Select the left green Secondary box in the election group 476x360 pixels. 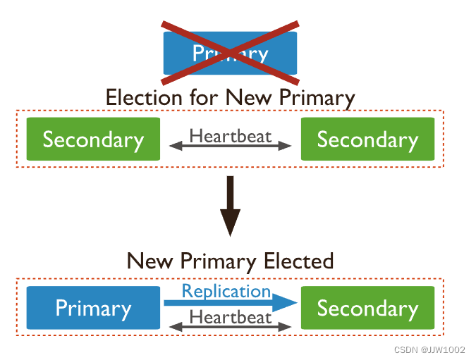click(93, 139)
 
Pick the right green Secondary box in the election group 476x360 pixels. click(367, 139)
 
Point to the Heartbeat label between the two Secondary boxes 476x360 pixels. click(231, 135)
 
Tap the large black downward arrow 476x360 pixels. click(231, 208)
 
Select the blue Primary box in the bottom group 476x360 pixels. click(93, 308)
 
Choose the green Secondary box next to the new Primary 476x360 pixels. click(367, 308)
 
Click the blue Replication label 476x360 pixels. click(226, 291)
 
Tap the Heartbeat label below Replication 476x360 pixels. click(231, 317)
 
